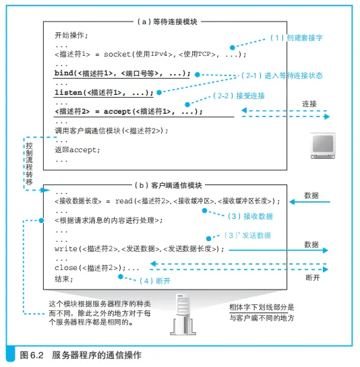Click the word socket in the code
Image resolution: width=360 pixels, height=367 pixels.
117,55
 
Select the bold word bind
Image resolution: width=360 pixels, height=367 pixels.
64,73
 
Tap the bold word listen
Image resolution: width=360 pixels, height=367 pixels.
69,92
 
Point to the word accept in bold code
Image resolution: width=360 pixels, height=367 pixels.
117,111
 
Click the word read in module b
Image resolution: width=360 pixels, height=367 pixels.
124,201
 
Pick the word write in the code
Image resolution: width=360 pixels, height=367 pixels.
66,248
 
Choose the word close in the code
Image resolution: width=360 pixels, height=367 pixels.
66,267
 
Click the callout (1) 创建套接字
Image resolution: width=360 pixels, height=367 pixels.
297,38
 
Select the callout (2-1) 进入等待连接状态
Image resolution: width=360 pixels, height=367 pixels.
282,75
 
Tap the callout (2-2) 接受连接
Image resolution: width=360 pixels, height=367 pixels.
239,96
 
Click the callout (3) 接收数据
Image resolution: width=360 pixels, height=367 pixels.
250,216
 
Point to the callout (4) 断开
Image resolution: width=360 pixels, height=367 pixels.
155,281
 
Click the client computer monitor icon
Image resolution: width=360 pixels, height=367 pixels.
323,145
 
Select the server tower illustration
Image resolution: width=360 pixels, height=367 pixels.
183,314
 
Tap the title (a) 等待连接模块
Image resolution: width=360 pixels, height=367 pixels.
167,22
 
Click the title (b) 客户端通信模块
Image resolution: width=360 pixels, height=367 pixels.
169,185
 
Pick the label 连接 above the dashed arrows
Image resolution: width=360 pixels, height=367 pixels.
309,104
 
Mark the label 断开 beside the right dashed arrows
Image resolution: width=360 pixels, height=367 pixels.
313,277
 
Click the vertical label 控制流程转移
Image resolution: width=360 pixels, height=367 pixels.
29,164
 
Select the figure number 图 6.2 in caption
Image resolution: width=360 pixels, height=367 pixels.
32,355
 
